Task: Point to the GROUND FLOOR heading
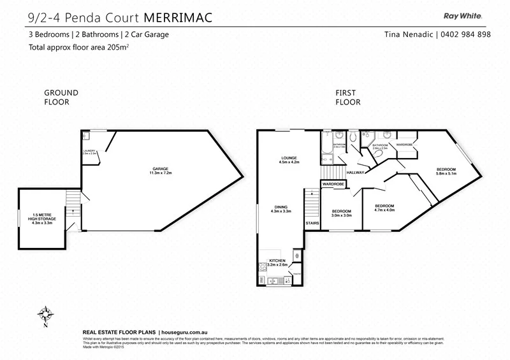(61, 97)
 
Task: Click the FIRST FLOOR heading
(348, 97)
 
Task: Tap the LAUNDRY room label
(89, 152)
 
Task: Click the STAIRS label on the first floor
(312, 224)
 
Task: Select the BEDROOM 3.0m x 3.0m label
(341, 213)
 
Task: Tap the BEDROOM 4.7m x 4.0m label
(384, 208)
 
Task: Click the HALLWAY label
(356, 172)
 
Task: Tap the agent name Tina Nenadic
(409, 34)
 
